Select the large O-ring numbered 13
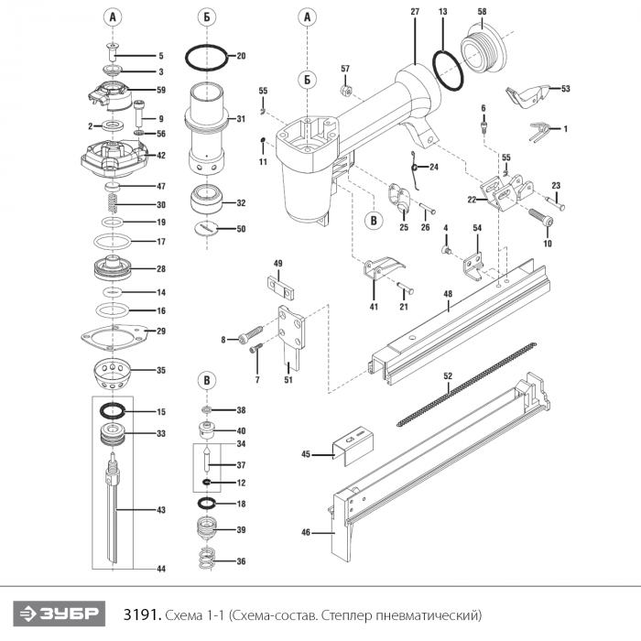point(435,65)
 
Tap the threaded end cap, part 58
point(483,51)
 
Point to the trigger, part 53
point(527,95)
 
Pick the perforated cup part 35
point(112,375)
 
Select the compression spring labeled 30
point(113,202)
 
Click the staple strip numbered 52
point(466,385)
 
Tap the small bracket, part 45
point(353,447)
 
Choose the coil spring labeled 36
point(209,560)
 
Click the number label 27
point(415,11)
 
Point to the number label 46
point(306,532)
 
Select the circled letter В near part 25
point(374,221)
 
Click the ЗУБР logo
point(60,614)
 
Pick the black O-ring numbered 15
point(101,411)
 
